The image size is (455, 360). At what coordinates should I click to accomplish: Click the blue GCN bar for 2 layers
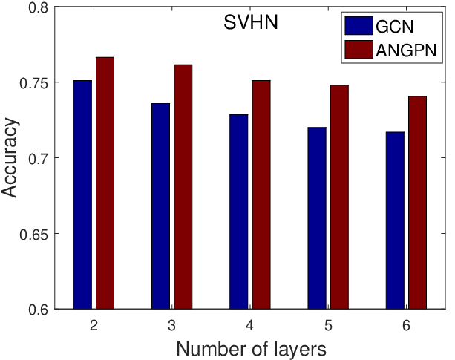click(x=82, y=194)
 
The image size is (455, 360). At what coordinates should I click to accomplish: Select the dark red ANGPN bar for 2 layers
click(x=105, y=183)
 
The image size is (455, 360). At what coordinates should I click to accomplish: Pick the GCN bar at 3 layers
click(x=161, y=206)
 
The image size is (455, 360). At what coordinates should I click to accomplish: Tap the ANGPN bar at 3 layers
click(x=183, y=186)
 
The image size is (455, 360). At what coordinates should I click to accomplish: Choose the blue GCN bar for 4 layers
click(x=239, y=212)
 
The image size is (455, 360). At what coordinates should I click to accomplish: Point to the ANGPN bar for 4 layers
click(x=261, y=194)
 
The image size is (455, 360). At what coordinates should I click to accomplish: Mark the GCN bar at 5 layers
click(x=317, y=218)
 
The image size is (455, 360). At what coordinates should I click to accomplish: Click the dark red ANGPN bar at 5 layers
click(x=339, y=197)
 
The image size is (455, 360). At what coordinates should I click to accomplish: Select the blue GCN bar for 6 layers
click(x=395, y=220)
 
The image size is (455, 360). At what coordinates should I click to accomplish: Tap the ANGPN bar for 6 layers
click(x=418, y=203)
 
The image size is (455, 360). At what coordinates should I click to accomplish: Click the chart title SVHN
click(x=251, y=22)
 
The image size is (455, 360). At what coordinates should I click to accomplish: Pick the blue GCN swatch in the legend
click(x=359, y=25)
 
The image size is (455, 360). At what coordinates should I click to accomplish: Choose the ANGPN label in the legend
click(x=406, y=50)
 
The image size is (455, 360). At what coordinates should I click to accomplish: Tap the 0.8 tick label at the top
click(x=39, y=7)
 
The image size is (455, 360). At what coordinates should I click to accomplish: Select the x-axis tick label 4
click(x=250, y=325)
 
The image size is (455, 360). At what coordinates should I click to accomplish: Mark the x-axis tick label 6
click(x=406, y=325)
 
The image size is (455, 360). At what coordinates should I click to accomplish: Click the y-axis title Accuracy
click(x=10, y=158)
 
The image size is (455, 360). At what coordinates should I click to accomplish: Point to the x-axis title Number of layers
click(x=252, y=349)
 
